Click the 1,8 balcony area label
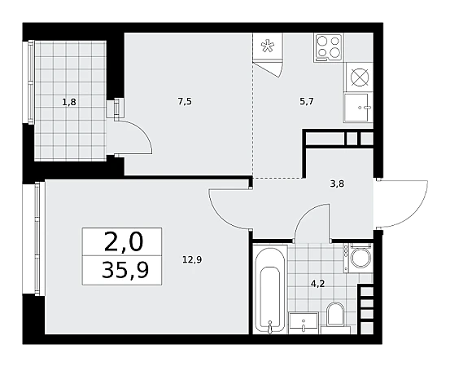pos(69,101)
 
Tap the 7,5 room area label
pos(185,101)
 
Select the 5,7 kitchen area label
pos(307,101)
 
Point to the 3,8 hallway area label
pos(337,183)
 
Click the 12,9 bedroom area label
pos(192,260)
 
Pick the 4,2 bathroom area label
pos(317,284)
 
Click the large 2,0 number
pos(124,241)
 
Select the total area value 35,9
pos(125,271)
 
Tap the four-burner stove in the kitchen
pos(328,47)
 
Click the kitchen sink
pos(358,108)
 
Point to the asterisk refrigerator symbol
pos(268,46)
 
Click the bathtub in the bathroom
pos(270,289)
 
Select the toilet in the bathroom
pos(334,318)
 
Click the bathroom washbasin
pos(303,324)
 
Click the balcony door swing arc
pos(143,130)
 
